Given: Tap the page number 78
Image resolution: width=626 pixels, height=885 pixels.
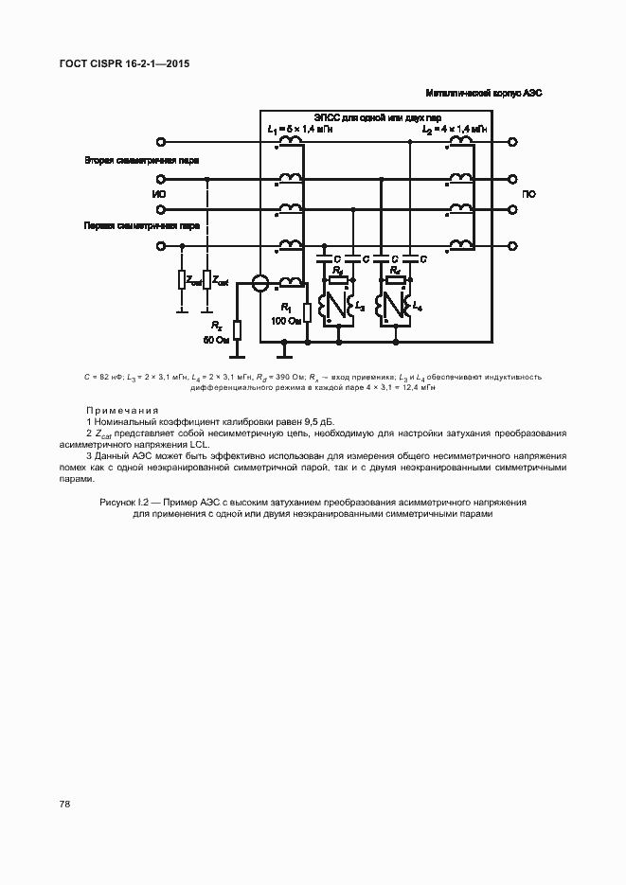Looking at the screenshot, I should pos(64,804).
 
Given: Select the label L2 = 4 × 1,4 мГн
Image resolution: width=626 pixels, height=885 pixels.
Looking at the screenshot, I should pos(456,129).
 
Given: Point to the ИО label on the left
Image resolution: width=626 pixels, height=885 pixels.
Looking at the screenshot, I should pos(158,195).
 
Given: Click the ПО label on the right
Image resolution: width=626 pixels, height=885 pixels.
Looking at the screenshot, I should pos(528,195).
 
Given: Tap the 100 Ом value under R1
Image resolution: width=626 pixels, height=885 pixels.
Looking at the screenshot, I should pos(284,321).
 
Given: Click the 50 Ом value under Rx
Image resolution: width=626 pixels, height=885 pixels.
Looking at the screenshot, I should pos(217,339).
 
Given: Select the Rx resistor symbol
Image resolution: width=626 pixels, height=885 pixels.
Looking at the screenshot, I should pos(237,329).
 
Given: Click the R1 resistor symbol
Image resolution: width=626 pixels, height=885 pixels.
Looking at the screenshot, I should pos(307,312).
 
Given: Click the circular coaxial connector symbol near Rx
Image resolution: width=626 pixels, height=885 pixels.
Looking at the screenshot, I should pos(258,282).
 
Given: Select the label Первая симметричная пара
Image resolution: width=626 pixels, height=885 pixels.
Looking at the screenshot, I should pos(142,227).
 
